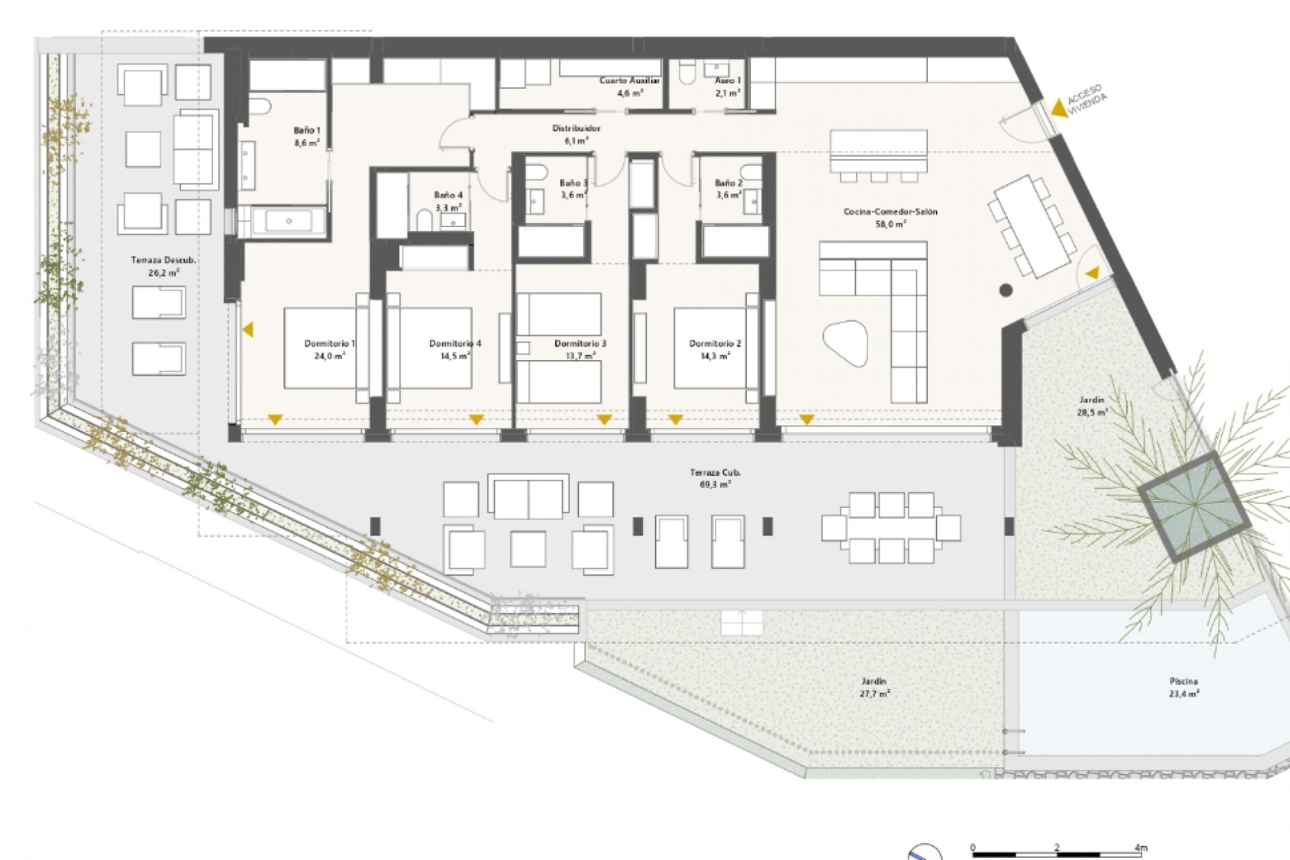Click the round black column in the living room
[1006, 290]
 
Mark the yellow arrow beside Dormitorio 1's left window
[248, 330]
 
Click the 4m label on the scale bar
[1140, 848]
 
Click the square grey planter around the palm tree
[1193, 507]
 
